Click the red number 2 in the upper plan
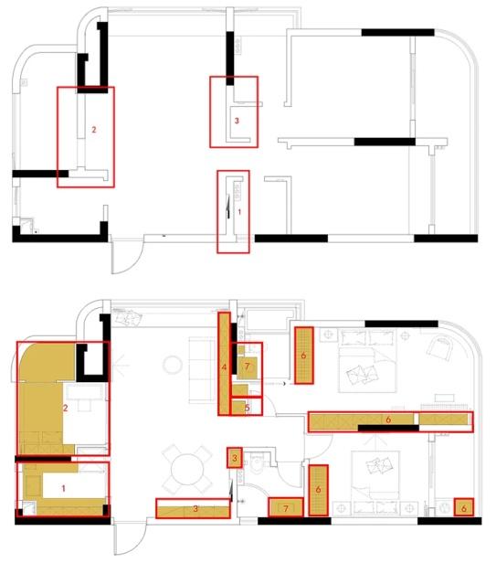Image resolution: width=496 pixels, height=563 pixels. tap(94, 130)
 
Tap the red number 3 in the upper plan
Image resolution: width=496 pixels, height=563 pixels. tap(237, 121)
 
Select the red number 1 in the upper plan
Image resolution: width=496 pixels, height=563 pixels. tap(239, 212)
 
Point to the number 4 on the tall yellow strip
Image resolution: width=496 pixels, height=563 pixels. tap(225, 367)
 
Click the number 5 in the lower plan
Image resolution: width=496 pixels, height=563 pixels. tap(248, 408)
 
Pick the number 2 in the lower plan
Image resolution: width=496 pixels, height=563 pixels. tap(66, 408)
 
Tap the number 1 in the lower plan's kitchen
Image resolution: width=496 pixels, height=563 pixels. tap(64, 488)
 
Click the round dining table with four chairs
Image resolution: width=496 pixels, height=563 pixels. tap(186, 469)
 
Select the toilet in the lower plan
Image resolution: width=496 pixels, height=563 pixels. tap(257, 463)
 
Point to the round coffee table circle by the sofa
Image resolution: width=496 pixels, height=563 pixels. tap(173, 365)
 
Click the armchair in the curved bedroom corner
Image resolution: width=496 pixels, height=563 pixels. tap(442, 346)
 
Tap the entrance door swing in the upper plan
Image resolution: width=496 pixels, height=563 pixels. tap(127, 254)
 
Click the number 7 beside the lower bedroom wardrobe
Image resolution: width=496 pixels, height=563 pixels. tap(286, 508)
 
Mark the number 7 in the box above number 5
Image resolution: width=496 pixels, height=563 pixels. tap(247, 366)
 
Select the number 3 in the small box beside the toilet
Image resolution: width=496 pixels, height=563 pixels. tap(235, 458)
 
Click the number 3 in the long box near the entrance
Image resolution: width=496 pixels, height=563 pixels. tap(195, 508)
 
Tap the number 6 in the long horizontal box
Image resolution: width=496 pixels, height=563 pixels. tap(388, 419)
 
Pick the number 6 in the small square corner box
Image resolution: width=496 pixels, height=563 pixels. tap(464, 508)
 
